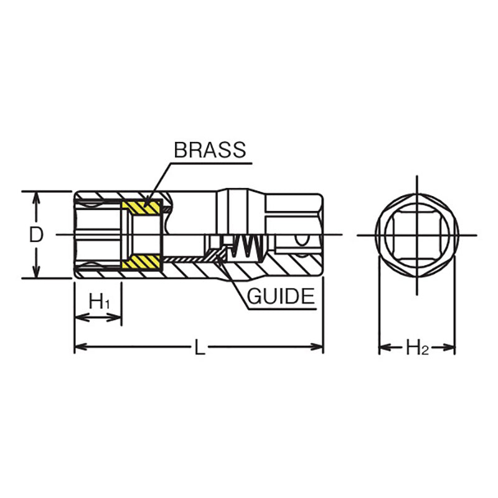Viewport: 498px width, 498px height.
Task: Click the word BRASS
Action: pos(210,150)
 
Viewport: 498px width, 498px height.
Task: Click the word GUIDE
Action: pos(281,296)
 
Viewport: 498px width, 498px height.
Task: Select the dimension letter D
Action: pos(37,235)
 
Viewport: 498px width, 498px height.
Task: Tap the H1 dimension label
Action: pos(100,302)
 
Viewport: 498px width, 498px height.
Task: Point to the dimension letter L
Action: pos(199,348)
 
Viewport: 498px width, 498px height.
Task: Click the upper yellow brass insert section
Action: pos(143,206)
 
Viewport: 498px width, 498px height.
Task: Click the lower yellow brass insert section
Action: pos(143,263)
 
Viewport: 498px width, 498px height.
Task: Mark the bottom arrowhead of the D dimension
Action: pos(37,273)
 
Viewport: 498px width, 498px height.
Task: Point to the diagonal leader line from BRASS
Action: pos(158,184)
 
